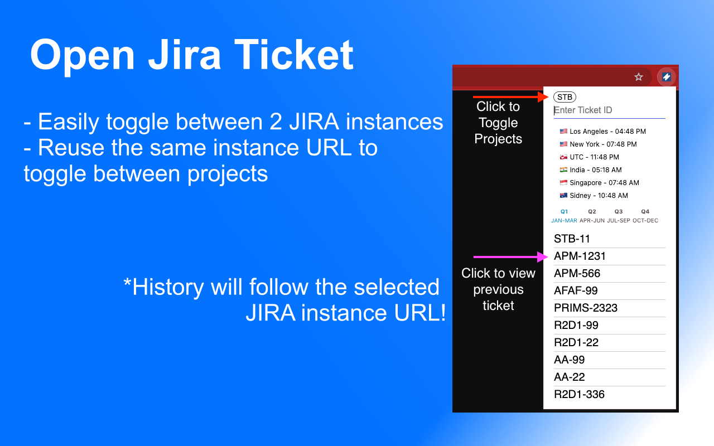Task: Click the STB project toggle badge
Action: point(565,97)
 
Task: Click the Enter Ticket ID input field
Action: point(609,110)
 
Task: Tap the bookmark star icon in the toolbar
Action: point(639,77)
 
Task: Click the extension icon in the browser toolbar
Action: point(666,77)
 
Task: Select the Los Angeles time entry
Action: point(602,132)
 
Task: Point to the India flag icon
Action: point(563,170)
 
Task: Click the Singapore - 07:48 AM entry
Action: point(600,183)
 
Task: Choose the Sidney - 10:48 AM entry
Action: point(594,196)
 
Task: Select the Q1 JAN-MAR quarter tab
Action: point(564,216)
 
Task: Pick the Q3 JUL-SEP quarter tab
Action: point(619,216)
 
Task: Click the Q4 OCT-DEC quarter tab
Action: point(645,216)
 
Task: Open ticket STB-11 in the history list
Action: point(572,239)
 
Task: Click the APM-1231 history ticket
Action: point(580,256)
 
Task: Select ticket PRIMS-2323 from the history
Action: point(585,308)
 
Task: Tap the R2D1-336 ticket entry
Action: point(579,395)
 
